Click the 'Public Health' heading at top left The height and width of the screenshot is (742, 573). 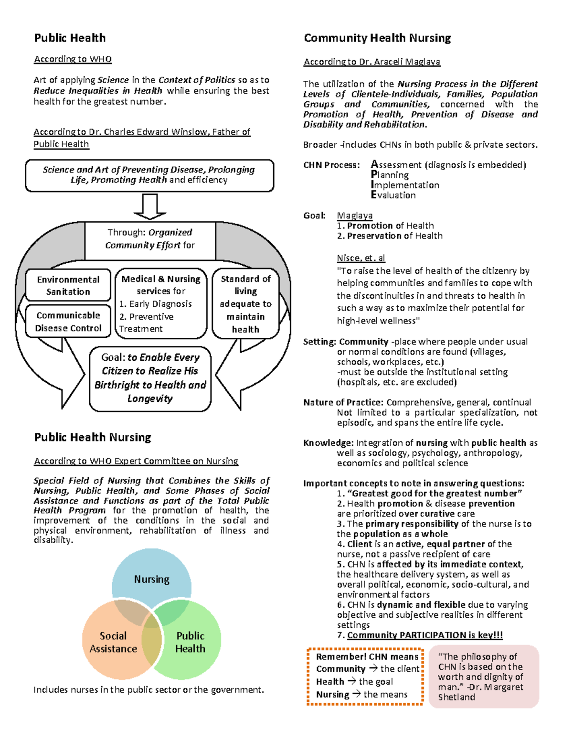[70, 38]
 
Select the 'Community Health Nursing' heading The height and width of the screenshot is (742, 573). [377, 38]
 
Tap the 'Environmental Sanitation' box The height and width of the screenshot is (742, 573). [68, 286]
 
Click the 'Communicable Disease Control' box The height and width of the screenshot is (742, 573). [68, 322]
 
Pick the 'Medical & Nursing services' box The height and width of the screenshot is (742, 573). [161, 303]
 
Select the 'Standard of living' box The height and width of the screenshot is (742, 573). [245, 303]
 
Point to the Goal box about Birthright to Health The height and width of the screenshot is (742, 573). [150, 378]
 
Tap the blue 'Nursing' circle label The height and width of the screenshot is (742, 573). [151, 579]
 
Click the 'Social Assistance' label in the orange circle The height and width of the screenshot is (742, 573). [113, 642]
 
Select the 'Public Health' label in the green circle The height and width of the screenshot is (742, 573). [190, 642]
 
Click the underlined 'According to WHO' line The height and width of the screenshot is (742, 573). [73, 59]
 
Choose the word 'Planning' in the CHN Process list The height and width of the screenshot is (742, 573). [390, 175]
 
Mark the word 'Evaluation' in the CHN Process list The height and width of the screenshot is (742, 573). [393, 195]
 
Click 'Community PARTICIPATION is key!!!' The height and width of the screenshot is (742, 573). [424, 635]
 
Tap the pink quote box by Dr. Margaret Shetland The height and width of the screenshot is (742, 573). [483, 677]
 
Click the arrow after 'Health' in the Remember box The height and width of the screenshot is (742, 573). [351, 681]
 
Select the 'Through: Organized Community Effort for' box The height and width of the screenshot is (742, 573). [150, 239]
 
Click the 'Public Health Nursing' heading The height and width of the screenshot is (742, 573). [93, 438]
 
